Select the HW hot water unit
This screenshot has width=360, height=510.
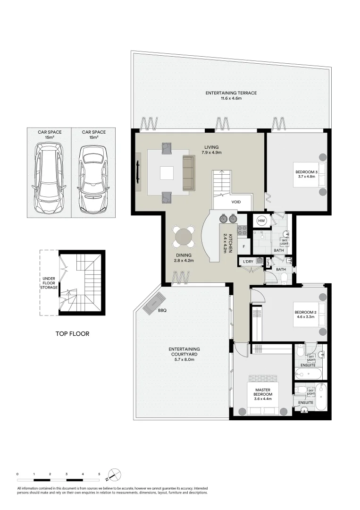261,221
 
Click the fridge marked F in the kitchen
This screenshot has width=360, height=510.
243,246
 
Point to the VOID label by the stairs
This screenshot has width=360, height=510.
236,202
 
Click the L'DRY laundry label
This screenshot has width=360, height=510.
248,262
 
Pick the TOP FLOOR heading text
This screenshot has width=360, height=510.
72,334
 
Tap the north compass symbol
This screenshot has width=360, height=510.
115,475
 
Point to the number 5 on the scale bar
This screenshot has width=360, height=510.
99,474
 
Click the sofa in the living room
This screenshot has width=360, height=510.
188,173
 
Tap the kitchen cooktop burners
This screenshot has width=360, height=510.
242,230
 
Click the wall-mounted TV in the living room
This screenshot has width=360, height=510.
138,171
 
